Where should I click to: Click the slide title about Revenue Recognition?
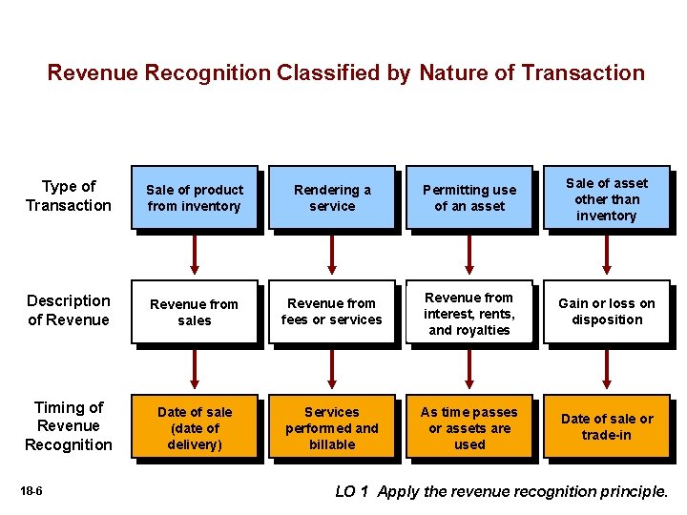click(345, 72)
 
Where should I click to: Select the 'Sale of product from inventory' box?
click(195, 198)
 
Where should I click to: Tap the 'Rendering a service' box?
click(332, 198)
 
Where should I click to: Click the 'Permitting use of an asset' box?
click(469, 198)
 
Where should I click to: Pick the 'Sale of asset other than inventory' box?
click(606, 199)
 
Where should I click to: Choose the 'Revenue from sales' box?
click(195, 313)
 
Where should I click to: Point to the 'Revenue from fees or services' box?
click(332, 313)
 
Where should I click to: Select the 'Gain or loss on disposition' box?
click(606, 312)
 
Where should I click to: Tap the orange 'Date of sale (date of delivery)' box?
click(195, 428)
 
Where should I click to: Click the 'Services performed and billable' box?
click(332, 428)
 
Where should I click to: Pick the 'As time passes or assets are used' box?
click(469, 428)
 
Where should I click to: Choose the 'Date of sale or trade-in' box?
click(606, 427)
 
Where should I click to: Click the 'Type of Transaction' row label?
click(69, 196)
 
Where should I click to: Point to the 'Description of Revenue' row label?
click(69, 310)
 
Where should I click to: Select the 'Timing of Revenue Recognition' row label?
click(69, 426)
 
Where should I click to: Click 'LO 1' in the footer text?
click(353, 492)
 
